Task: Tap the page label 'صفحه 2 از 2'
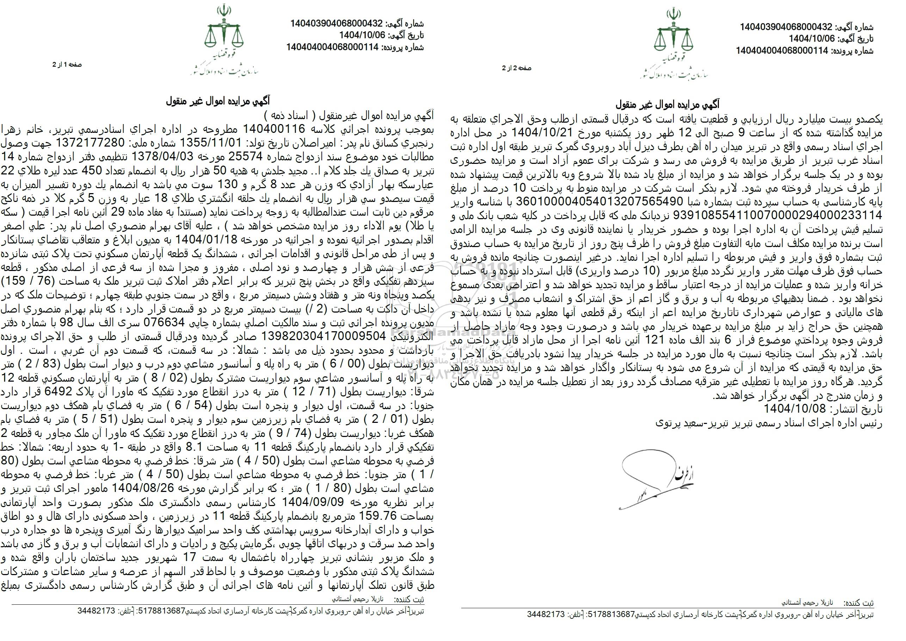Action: coord(517,68)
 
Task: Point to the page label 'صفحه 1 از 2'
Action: coord(67,64)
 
